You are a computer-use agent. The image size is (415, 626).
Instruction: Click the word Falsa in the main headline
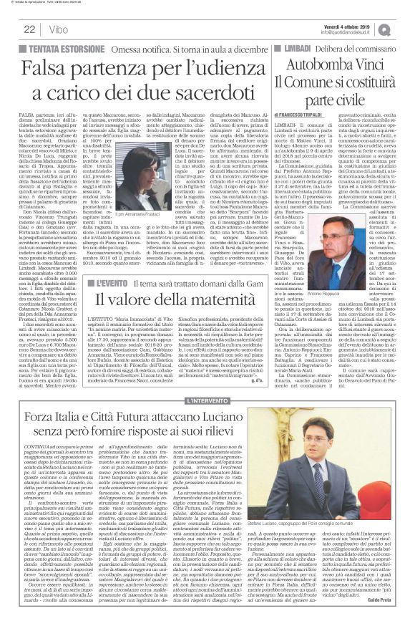pos(51,69)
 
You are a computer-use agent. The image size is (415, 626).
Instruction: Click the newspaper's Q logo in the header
pos(404,28)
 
